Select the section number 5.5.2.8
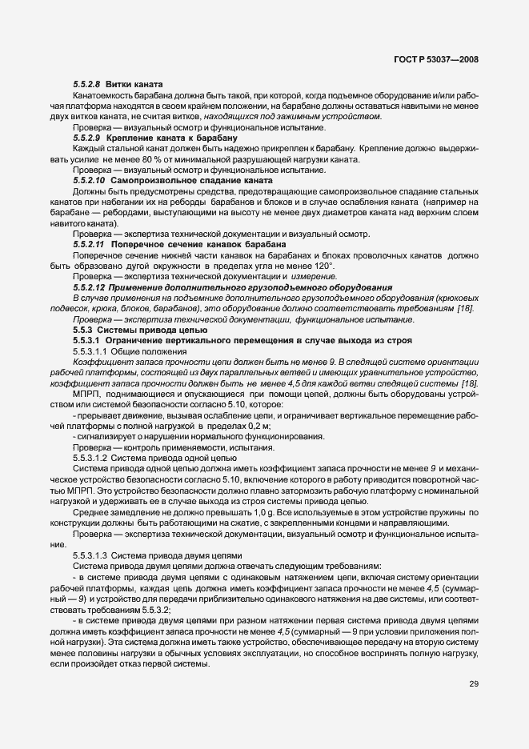click(86, 85)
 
